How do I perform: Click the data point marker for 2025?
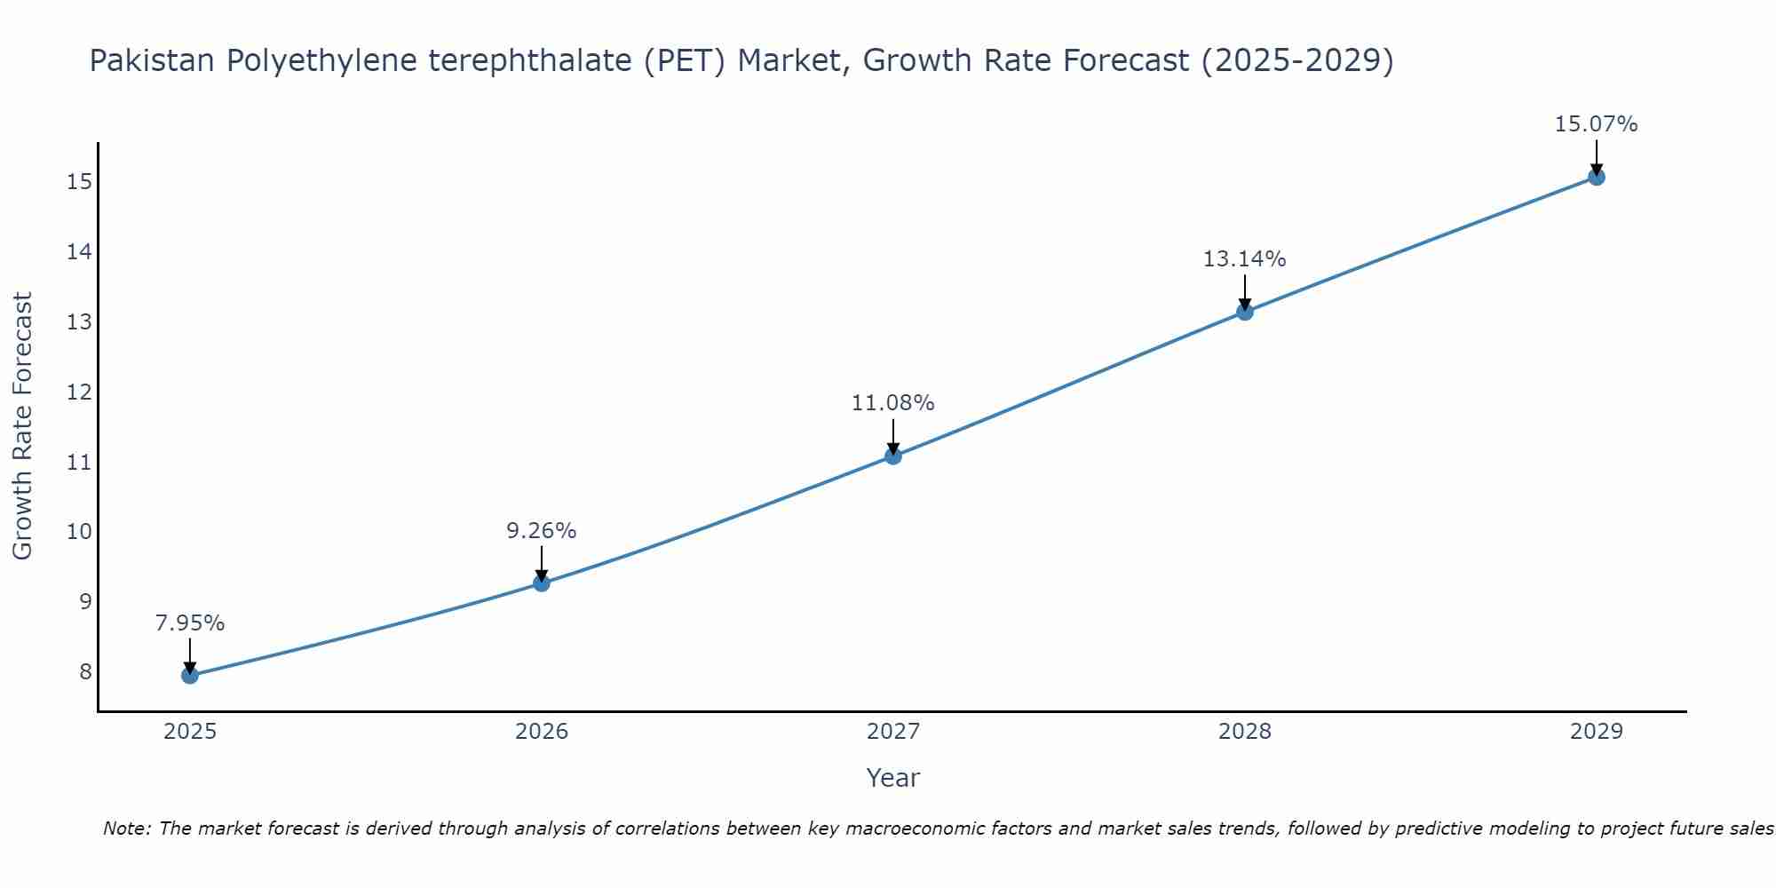pyautogui.click(x=190, y=676)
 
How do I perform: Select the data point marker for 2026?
pyautogui.click(x=542, y=583)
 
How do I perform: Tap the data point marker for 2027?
pyautogui.click(x=893, y=456)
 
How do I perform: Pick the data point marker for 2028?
pyautogui.click(x=1245, y=312)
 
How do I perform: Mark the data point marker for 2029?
pyautogui.click(x=1597, y=177)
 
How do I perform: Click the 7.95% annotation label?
pyautogui.click(x=190, y=623)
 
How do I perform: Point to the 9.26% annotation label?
pyautogui.click(x=542, y=531)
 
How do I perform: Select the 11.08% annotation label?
pyautogui.click(x=893, y=403)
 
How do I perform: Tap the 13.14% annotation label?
pyautogui.click(x=1245, y=259)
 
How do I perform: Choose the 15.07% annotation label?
pyautogui.click(x=1597, y=124)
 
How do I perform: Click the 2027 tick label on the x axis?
pyautogui.click(x=893, y=732)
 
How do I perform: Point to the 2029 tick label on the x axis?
pyautogui.click(x=1597, y=732)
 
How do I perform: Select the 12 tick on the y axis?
pyautogui.click(x=79, y=392)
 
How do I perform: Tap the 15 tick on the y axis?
pyautogui.click(x=79, y=182)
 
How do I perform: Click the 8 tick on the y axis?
pyautogui.click(x=85, y=671)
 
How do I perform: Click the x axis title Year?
pyautogui.click(x=893, y=778)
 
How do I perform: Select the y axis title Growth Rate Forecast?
pyautogui.click(x=23, y=426)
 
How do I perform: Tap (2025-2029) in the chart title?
pyautogui.click(x=1297, y=61)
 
